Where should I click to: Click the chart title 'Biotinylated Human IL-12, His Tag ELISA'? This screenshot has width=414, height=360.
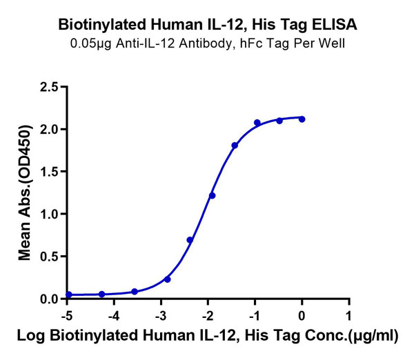tap(207, 26)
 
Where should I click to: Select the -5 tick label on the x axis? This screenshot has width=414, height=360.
tap(66, 314)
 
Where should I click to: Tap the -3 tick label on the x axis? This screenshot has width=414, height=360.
tap(160, 314)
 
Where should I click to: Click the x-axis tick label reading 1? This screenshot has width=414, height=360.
tap(349, 314)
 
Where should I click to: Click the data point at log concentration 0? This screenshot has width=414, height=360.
tap(302, 119)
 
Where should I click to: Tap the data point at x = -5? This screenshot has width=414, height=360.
tap(68, 294)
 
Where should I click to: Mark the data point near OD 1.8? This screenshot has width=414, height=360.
tap(235, 146)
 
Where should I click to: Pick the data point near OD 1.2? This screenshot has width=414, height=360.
tap(212, 196)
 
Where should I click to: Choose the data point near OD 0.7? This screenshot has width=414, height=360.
tap(190, 240)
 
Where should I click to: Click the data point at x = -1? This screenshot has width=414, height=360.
tap(257, 123)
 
